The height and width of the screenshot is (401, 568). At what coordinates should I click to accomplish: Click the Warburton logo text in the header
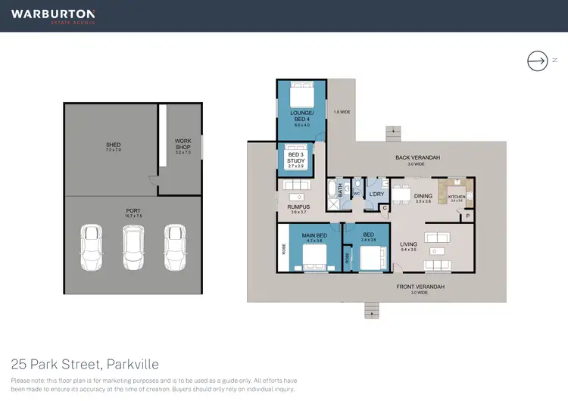tap(52, 14)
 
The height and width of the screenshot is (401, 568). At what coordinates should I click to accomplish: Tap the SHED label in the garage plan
tap(113, 145)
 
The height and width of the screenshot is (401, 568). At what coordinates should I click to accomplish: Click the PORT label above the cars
tap(134, 211)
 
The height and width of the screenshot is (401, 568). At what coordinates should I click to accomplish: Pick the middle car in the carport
tap(133, 247)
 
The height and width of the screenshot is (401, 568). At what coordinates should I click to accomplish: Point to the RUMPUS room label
tap(298, 207)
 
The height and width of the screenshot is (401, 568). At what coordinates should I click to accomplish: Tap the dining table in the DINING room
tap(401, 191)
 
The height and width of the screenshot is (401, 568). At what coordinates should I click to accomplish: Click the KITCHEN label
tap(456, 197)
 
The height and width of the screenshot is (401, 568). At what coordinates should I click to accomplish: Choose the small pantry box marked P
tap(468, 216)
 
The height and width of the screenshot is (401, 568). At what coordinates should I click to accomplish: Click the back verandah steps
tap(392, 134)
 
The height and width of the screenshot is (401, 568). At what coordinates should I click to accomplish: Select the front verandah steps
tap(370, 310)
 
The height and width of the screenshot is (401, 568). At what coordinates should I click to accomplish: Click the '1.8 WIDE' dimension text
tap(342, 113)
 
